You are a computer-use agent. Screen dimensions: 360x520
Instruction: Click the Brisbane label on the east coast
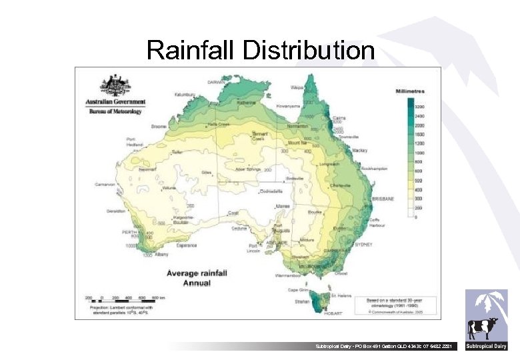click(x=384, y=199)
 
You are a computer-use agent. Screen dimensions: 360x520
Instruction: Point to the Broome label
click(x=159, y=125)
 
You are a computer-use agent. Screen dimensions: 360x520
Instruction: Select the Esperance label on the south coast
click(x=187, y=245)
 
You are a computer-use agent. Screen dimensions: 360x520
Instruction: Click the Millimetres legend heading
click(x=409, y=91)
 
